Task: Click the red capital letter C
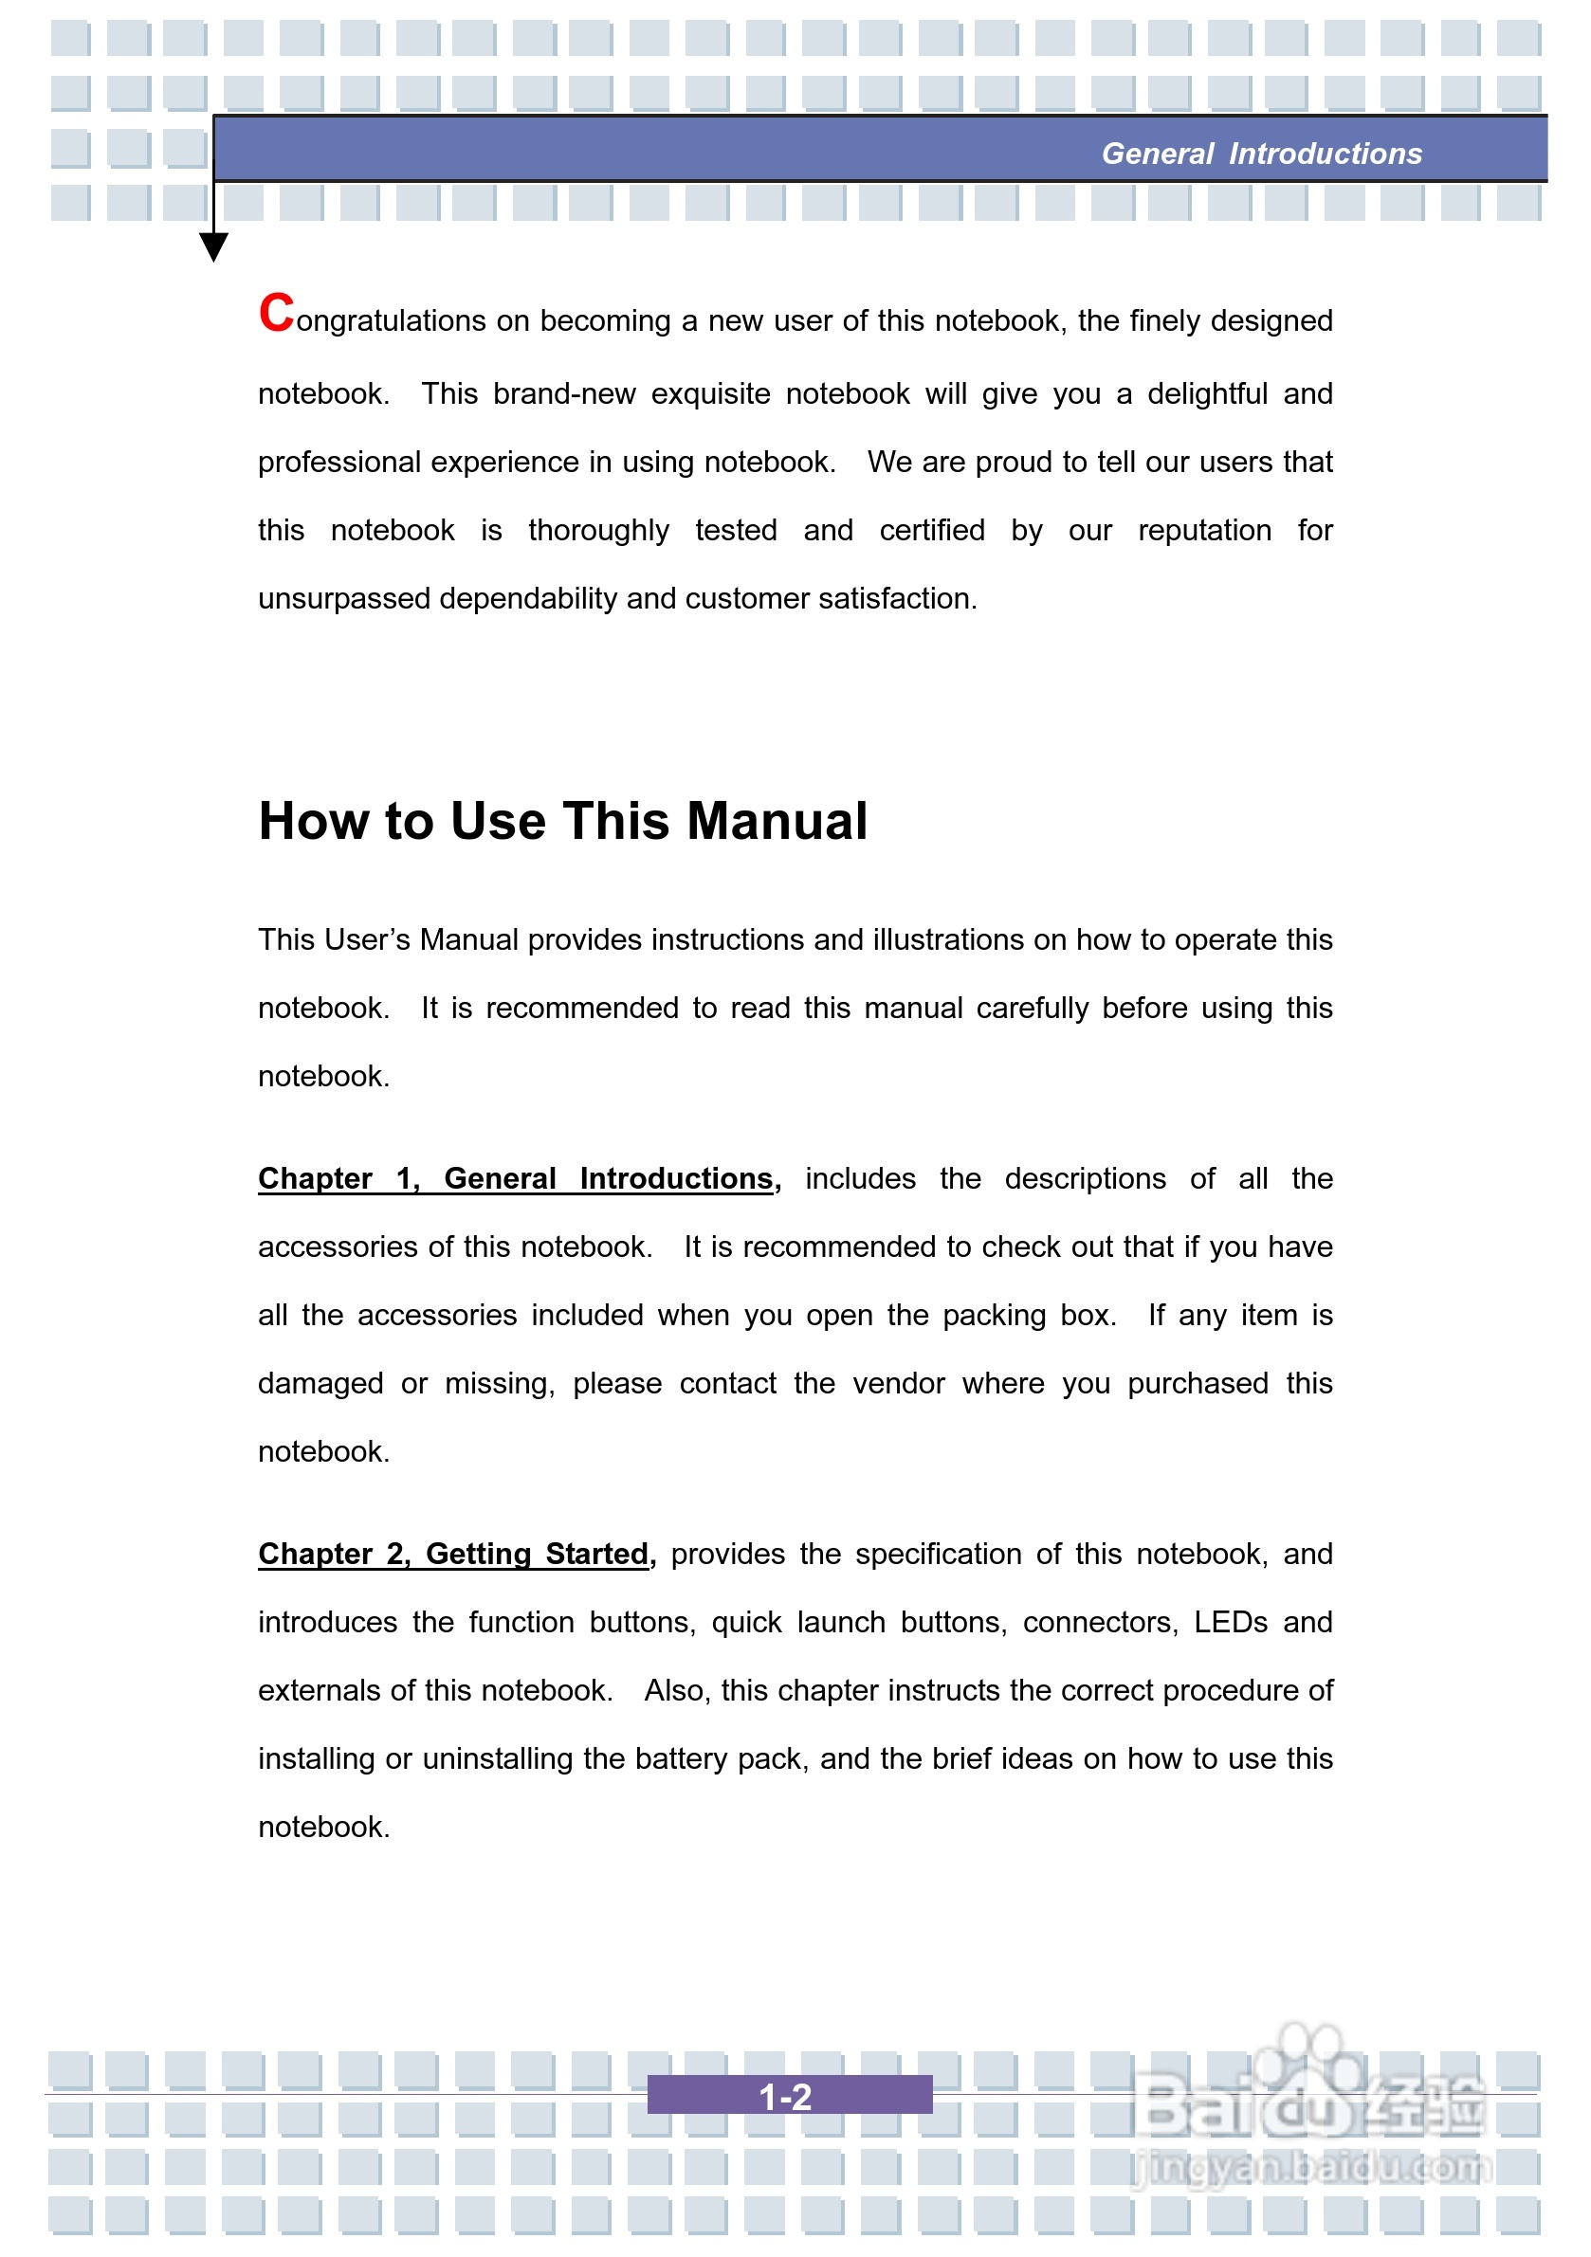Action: tap(276, 314)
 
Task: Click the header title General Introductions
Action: tap(1261, 154)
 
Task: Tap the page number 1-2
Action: tap(786, 2098)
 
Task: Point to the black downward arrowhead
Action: tap(213, 246)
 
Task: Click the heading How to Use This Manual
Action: tap(562, 821)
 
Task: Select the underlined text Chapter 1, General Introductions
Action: tap(515, 1177)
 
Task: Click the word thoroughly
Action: tap(598, 531)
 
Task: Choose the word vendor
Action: tap(898, 1383)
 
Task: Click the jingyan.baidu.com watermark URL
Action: tap(1310, 2166)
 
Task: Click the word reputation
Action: tap(1203, 531)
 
